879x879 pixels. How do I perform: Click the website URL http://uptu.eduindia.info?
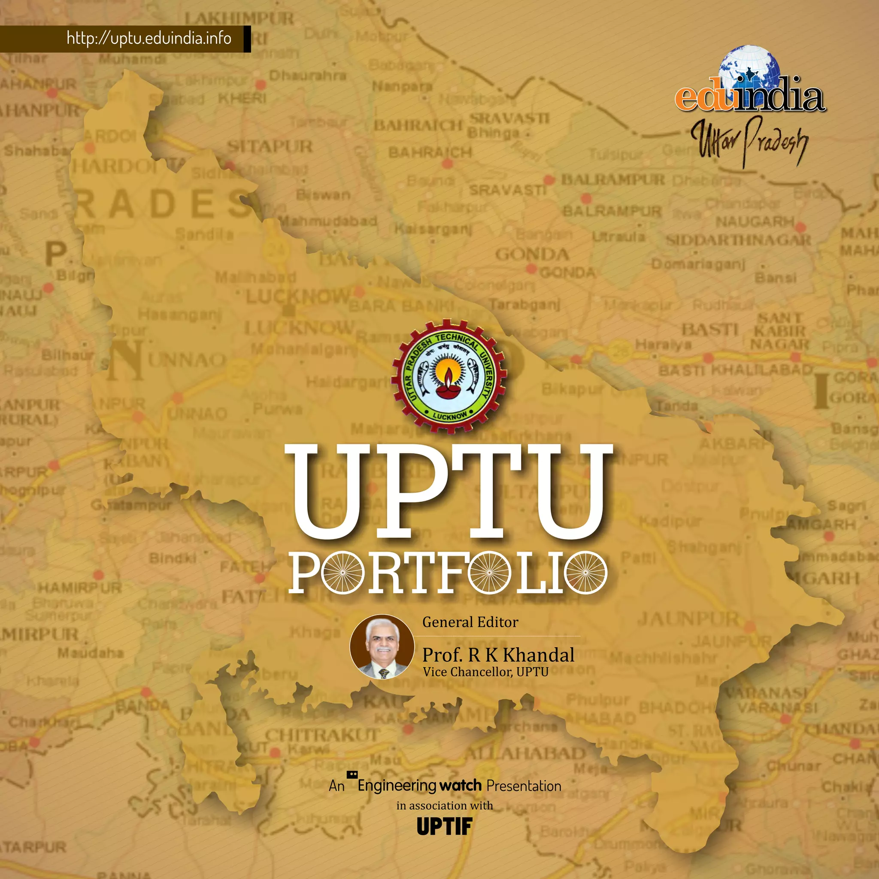(149, 38)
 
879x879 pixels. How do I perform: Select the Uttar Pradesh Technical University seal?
(449, 376)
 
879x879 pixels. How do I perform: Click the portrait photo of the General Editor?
(382, 646)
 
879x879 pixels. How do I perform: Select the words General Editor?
(470, 622)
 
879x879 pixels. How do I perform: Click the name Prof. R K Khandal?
(498, 655)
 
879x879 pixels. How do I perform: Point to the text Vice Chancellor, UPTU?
(485, 672)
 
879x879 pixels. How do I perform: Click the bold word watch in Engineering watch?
(461, 785)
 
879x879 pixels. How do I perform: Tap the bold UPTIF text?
(445, 826)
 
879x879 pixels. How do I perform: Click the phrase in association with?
(445, 806)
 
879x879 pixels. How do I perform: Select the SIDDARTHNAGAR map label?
(738, 240)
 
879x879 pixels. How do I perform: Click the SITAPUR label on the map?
(270, 146)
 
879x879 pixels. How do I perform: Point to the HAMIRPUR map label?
(80, 588)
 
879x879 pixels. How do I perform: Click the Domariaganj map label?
(698, 264)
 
